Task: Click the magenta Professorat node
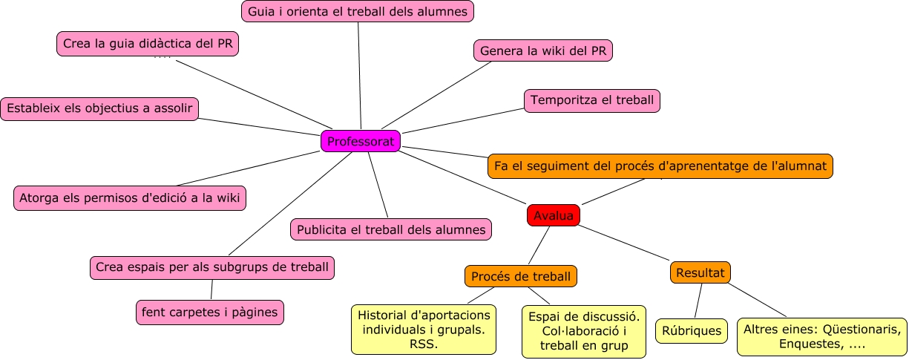click(x=361, y=141)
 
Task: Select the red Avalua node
click(x=553, y=215)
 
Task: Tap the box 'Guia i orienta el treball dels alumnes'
click(x=358, y=11)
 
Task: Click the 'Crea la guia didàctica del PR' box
click(x=148, y=44)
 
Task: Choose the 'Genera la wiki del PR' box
click(x=542, y=50)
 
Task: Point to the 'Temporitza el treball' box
click(x=591, y=100)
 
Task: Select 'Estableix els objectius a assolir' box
click(x=100, y=108)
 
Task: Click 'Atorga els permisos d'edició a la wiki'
click(x=130, y=198)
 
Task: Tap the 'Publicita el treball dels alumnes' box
click(x=391, y=229)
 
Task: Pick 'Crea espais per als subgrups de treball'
click(x=212, y=267)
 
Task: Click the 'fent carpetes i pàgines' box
click(x=210, y=312)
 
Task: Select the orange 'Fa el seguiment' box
click(x=660, y=166)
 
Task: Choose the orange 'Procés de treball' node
click(x=521, y=277)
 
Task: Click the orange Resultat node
click(x=700, y=272)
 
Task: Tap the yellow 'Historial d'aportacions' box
click(x=424, y=329)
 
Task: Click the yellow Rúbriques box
click(x=692, y=331)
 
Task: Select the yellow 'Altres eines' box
click(x=821, y=337)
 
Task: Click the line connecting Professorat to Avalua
click(x=464, y=179)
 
